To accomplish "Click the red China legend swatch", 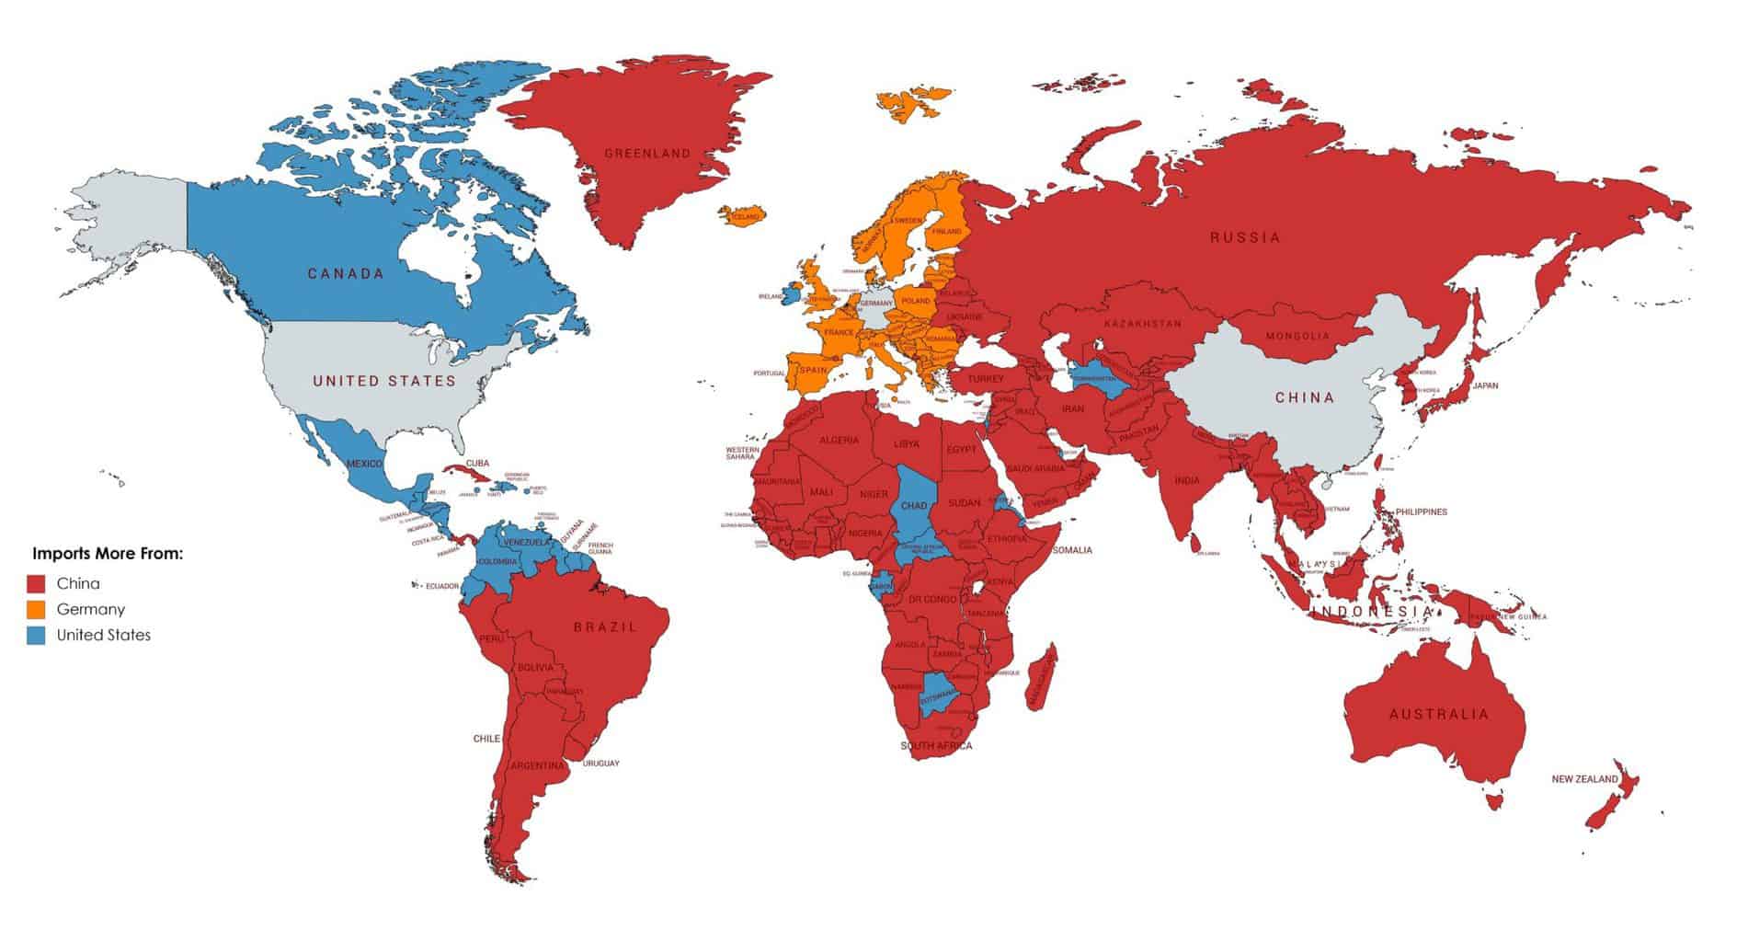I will coord(37,584).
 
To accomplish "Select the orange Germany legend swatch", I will coord(37,610).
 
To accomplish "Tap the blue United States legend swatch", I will coord(37,636).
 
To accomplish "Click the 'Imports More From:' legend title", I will coord(108,555).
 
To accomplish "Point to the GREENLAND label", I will coord(647,154).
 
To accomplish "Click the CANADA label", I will coord(346,273).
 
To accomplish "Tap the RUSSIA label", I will coord(1245,237).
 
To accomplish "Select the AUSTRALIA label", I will coord(1439,714).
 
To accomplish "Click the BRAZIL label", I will coord(605,626).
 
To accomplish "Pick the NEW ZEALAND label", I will coord(1584,779).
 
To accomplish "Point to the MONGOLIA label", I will coord(1297,336).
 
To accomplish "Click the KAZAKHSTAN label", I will coord(1143,324).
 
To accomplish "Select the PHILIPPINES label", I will coord(1421,511).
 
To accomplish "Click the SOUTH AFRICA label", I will coord(936,746).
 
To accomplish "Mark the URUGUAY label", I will coord(600,764).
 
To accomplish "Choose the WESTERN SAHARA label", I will coord(741,454).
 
